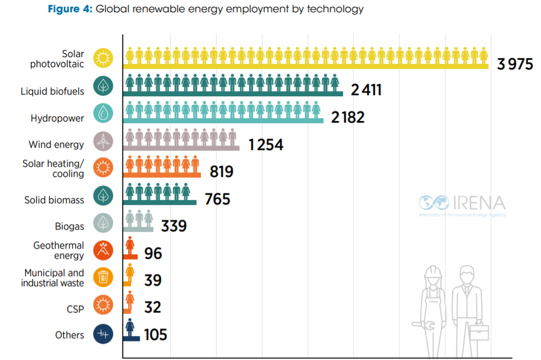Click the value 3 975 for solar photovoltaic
[515, 64]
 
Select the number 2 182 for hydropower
[347, 117]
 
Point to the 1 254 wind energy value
[266, 144]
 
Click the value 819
[221, 171]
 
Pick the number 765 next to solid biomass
[217, 198]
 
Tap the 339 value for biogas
[174, 226]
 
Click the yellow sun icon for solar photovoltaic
[104, 58]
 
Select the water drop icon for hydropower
[104, 113]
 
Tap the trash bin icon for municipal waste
[104, 277]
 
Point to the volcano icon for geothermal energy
[104, 250]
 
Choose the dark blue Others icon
[104, 335]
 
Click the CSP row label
[74, 308]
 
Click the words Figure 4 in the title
[69, 10]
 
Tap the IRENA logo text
[478, 202]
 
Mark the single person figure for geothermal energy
[130, 246]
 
